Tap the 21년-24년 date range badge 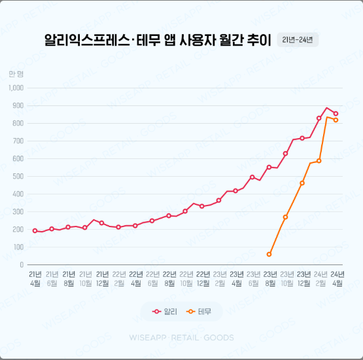click(x=298, y=39)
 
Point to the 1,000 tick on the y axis click(x=16, y=88)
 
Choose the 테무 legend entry click(x=199, y=312)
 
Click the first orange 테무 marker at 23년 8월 click(x=269, y=254)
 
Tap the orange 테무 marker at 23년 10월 click(x=286, y=217)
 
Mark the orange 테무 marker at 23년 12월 click(x=302, y=183)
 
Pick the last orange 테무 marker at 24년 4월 click(x=336, y=120)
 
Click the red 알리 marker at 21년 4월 click(x=35, y=230)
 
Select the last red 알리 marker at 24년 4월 click(x=336, y=113)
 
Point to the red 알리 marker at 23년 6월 click(x=252, y=177)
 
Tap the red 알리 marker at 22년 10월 click(x=185, y=211)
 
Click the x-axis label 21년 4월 click(x=35, y=278)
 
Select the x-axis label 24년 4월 click(x=337, y=278)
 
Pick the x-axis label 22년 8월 click(x=169, y=278)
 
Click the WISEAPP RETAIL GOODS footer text click(x=181, y=339)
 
